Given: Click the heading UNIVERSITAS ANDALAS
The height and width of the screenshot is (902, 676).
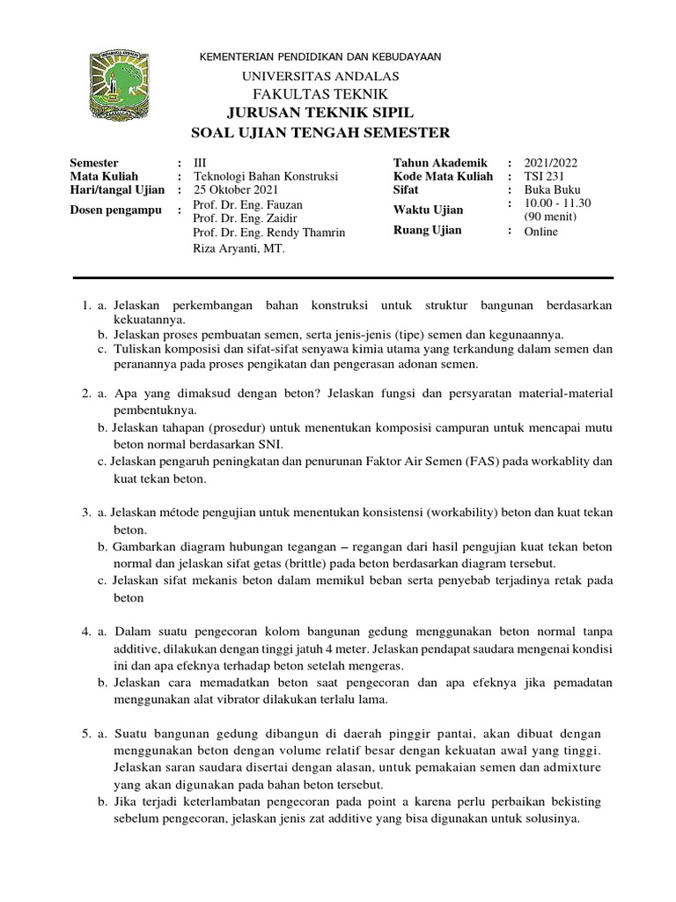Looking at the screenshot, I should point(320,77).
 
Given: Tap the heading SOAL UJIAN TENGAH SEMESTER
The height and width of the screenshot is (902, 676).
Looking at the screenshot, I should point(320,132).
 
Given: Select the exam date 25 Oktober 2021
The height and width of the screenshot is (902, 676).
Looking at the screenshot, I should point(233,189).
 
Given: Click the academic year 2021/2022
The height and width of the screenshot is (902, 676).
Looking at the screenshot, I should point(551,163).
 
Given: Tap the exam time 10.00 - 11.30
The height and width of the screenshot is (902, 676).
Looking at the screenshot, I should point(557,203).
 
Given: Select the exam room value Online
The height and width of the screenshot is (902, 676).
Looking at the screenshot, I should point(541,232).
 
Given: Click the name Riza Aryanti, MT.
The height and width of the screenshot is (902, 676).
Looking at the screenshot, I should point(236,249).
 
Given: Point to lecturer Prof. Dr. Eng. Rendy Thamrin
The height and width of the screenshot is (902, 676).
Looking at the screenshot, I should point(268,233).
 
